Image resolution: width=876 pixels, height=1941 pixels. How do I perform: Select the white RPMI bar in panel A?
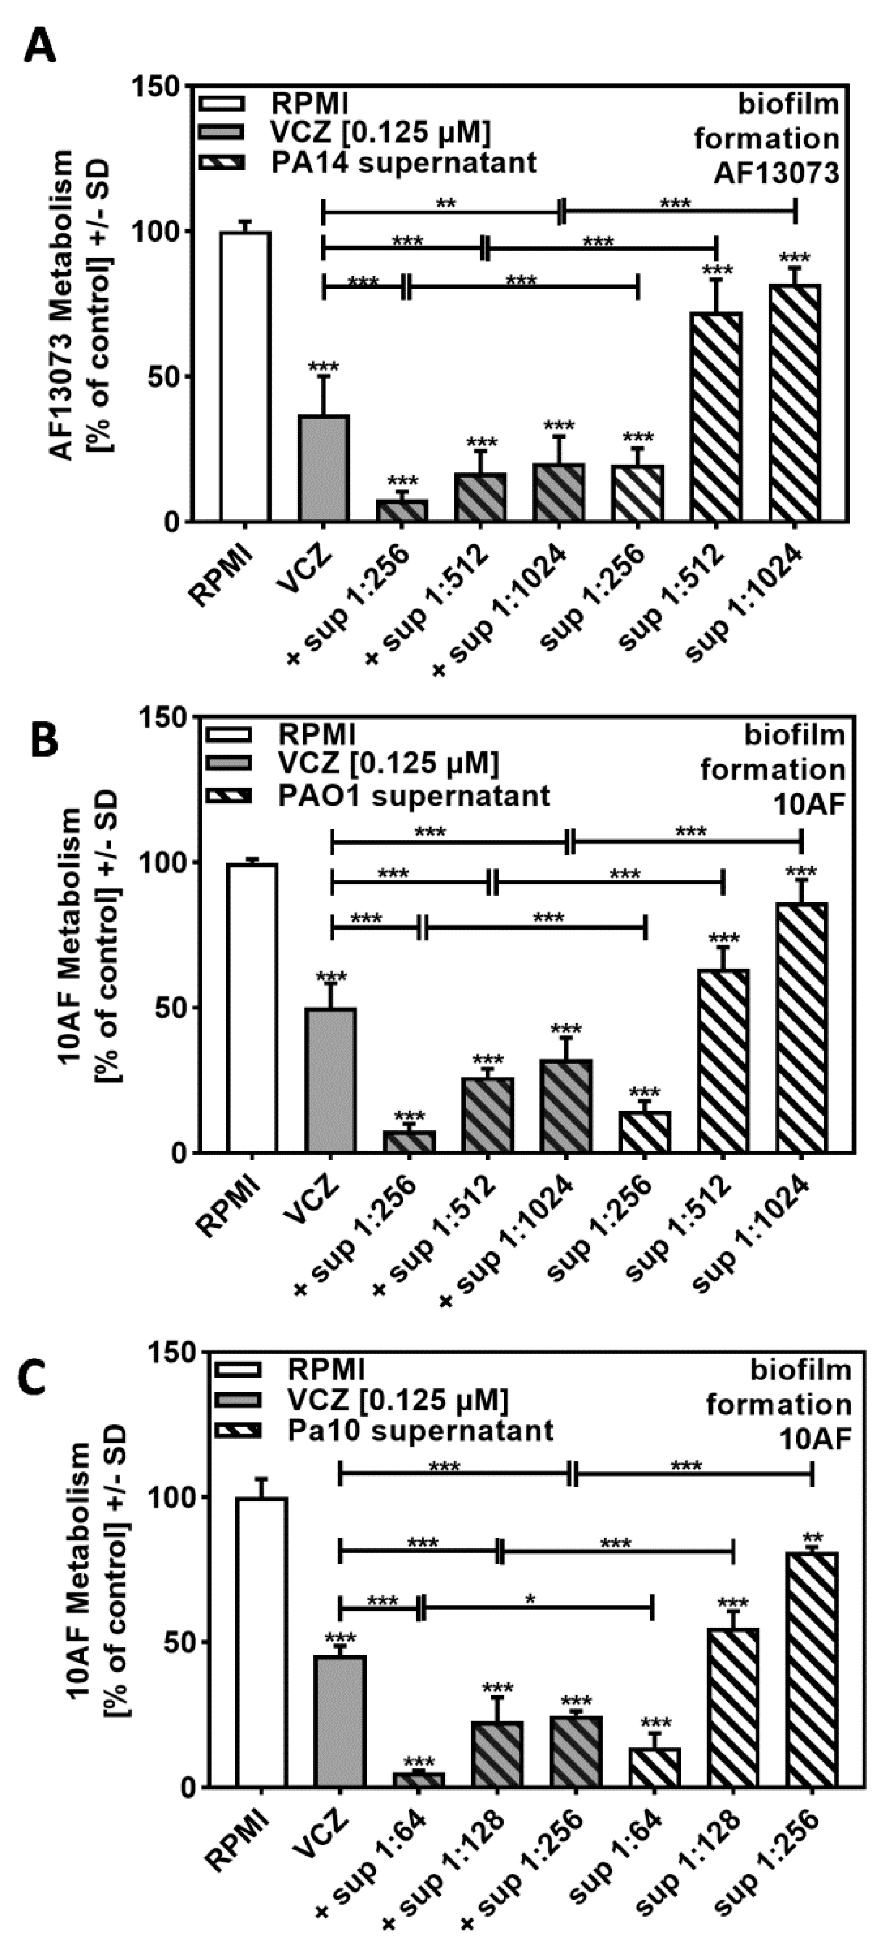click(x=245, y=377)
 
